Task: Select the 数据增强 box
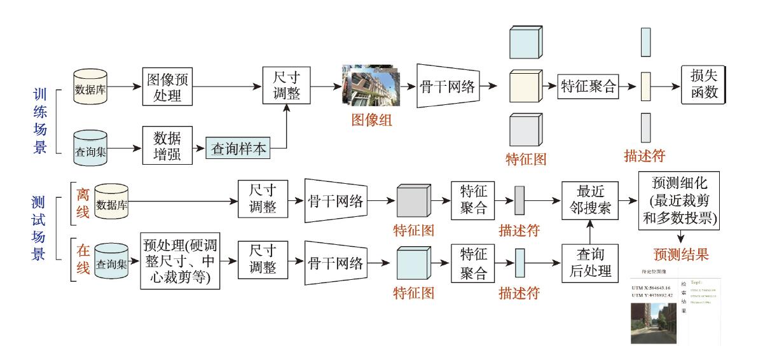167,146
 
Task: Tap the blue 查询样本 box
238,149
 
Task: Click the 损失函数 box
703,85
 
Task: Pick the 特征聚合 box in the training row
589,87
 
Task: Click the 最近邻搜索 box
590,200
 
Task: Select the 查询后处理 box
590,262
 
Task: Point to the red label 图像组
372,119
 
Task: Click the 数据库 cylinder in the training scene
90,87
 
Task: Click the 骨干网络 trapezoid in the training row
448,87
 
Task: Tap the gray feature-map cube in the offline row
414,202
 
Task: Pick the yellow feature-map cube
525,87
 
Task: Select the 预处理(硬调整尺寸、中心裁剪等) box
180,261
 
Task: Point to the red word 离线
83,202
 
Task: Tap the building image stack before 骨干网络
371,85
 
